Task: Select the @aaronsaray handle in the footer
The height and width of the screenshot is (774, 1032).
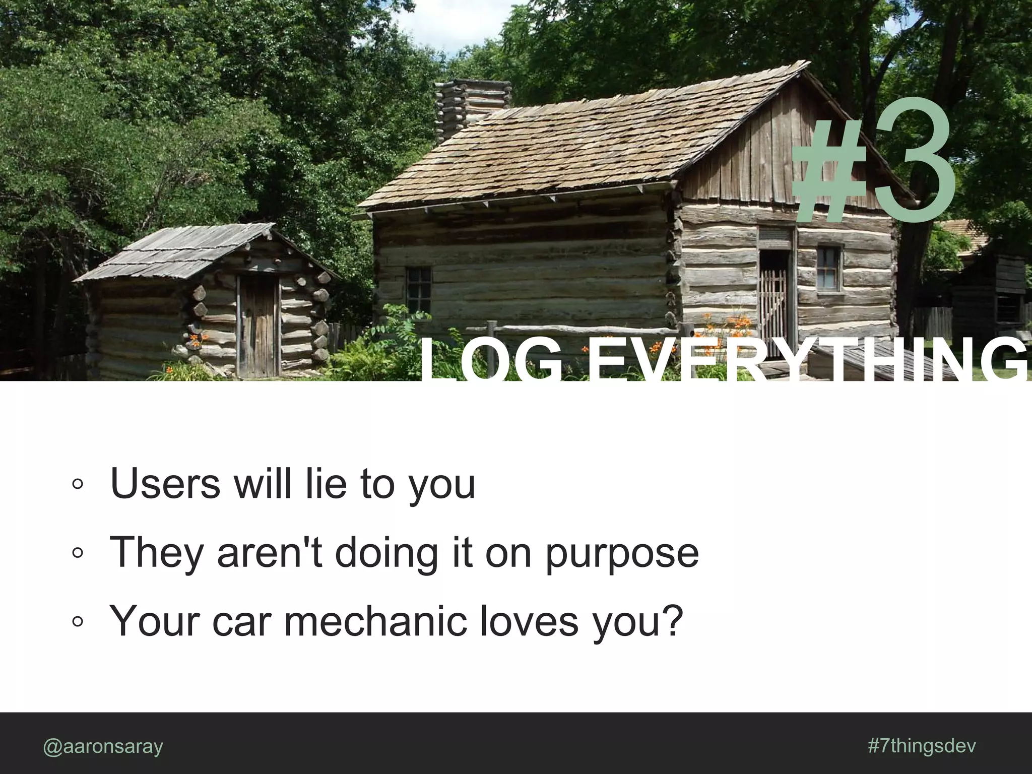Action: (103, 746)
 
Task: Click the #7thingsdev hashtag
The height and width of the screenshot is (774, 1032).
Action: (922, 745)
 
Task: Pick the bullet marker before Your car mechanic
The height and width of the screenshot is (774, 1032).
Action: (77, 622)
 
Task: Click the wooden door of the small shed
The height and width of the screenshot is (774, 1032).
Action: (257, 328)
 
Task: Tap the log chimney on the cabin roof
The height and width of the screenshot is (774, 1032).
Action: (471, 108)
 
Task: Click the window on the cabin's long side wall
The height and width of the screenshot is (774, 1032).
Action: (418, 290)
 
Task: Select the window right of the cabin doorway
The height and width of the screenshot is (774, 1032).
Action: (828, 268)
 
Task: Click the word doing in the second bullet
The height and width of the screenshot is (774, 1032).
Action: (385, 553)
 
